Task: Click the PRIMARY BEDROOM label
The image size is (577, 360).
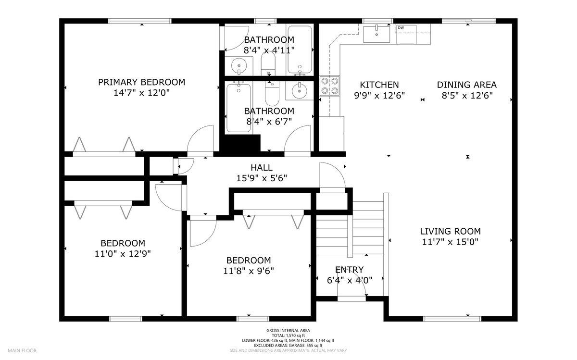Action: coord(141,82)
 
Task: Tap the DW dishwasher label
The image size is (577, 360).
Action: coord(401,27)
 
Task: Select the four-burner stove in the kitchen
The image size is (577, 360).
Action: coord(330,86)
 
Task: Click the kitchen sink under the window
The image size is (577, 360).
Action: coord(376,34)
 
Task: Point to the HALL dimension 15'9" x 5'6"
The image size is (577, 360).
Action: coord(262,178)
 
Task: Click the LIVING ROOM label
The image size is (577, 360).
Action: coord(450,231)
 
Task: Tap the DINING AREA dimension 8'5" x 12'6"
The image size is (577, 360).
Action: coord(467,96)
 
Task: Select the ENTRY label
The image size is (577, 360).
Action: coord(349,270)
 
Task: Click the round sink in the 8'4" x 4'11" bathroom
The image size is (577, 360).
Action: coord(239,66)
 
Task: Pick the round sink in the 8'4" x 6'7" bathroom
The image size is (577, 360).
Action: coord(299,90)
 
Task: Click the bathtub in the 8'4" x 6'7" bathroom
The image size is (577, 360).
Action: coord(238,108)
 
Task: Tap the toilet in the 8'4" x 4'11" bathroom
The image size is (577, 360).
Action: coord(268,64)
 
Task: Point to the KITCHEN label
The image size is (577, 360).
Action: coord(379,85)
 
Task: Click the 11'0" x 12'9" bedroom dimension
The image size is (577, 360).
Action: coord(123,254)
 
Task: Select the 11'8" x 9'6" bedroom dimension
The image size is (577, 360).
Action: coord(249,271)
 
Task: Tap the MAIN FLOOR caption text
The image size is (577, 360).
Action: coord(22,350)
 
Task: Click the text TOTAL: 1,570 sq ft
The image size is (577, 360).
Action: coord(288,335)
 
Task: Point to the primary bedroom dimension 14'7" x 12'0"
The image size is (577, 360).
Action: coord(142,93)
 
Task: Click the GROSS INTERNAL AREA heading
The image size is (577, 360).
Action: coord(288,330)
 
